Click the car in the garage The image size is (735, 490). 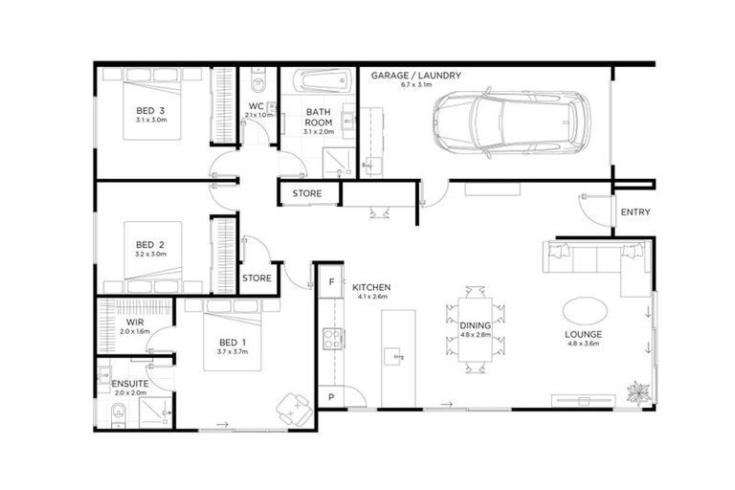click(x=507, y=121)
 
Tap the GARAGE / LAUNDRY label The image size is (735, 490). click(x=416, y=75)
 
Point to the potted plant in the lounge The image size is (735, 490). click(x=636, y=391)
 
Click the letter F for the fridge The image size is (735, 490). click(x=330, y=282)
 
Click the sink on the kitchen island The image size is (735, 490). click(x=395, y=356)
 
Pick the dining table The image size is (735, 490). click(x=476, y=327)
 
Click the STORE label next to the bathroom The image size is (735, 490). click(x=306, y=194)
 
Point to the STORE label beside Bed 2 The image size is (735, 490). click(x=256, y=278)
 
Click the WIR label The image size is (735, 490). click(x=134, y=323)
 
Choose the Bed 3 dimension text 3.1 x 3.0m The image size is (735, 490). click(x=151, y=121)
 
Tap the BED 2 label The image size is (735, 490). click(x=151, y=243)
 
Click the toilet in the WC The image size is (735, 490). click(x=257, y=79)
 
